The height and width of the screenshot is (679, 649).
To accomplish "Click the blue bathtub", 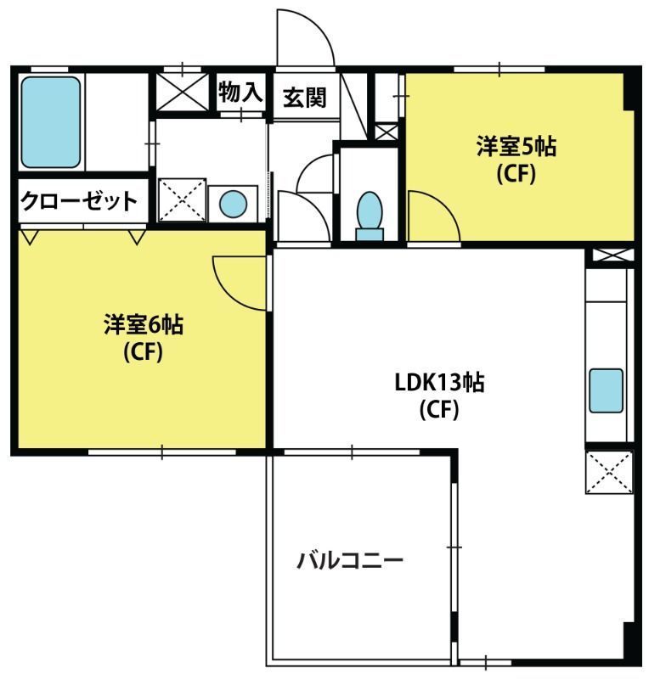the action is pos(51,122).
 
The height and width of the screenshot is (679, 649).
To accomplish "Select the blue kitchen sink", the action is pos(606,390).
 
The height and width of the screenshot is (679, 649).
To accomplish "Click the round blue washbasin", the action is pos(234,204).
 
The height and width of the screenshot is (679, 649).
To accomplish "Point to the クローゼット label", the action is pos(79,201).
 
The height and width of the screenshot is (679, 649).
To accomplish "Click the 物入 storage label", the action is pos(241,93).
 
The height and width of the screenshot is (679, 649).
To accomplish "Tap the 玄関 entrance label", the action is pos(304,98).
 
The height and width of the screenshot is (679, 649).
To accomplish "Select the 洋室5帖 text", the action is pos(516,146).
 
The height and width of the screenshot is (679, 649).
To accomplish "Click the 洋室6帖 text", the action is pos(144,324).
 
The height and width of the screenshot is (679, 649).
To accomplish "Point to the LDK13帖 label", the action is pos(439,382).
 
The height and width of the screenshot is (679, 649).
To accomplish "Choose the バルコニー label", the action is pos(350,560).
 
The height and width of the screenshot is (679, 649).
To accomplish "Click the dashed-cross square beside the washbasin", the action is pos(182,200).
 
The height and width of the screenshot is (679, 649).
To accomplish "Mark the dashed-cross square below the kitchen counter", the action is pos(609,472).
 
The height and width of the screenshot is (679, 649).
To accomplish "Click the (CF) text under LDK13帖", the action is pos(439,409).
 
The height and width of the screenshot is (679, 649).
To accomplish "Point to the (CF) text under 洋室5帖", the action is pos(516,174).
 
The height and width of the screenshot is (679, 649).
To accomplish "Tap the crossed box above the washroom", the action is pos(182,92).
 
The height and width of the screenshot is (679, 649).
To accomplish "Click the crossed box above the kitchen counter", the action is pos(613,255).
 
